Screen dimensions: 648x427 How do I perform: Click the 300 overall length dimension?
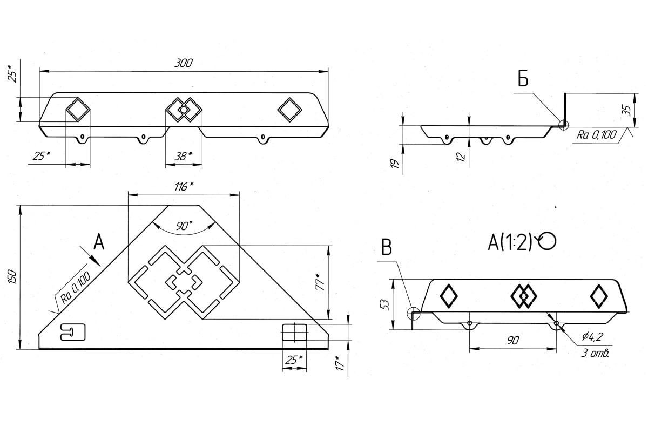pos(183,63)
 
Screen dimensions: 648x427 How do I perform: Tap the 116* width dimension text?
pos(184,187)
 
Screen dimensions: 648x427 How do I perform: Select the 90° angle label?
pos(184,226)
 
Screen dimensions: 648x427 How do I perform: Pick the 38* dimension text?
pos(183,157)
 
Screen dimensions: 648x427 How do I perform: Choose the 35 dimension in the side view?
pos(626,110)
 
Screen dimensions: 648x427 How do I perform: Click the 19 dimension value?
pos(395,164)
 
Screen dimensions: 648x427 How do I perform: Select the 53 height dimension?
pos(386,304)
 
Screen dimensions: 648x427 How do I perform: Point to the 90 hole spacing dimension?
pos(512,340)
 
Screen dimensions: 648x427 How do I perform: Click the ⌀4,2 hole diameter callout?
pos(592,336)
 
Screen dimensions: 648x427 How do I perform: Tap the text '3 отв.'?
pos(595,353)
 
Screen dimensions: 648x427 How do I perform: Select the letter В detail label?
pos(387,247)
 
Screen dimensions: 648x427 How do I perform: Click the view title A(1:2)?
pos(510,242)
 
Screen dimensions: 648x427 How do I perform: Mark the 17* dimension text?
pos(340,364)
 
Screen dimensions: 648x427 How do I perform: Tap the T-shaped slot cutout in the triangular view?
pos(73,331)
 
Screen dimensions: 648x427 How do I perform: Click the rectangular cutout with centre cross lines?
pos(294,332)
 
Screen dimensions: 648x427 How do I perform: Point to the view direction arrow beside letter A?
pos(90,256)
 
